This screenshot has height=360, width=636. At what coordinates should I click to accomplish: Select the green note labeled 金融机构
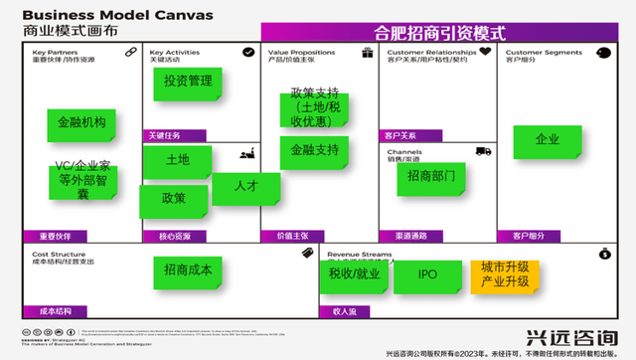point(81,123)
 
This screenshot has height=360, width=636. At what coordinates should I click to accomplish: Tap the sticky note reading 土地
point(177,159)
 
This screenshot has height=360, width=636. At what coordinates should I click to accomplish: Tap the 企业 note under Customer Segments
point(547,139)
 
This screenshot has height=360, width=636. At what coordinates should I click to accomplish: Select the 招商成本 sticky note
point(187,270)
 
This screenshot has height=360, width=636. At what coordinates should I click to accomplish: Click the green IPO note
point(427,273)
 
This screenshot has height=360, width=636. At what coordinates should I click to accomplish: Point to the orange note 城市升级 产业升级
point(505,274)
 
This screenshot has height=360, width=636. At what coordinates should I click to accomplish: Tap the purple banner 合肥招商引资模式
point(439,33)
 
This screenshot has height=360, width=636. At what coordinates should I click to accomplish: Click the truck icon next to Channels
point(484,151)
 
